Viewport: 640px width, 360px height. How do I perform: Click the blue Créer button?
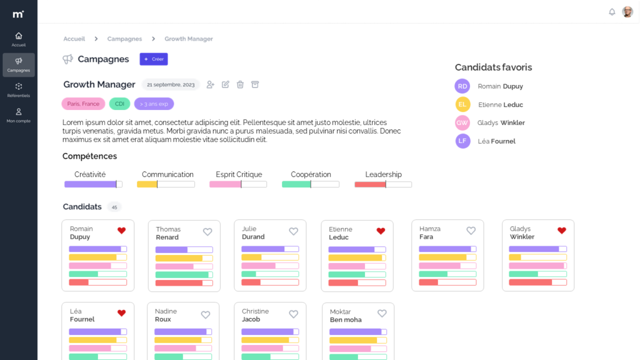[154, 59]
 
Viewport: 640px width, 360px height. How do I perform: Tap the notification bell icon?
[612, 12]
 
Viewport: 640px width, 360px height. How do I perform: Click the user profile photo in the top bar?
[627, 12]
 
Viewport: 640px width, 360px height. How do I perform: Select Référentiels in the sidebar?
[19, 90]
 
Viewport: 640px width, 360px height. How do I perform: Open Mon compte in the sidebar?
[19, 115]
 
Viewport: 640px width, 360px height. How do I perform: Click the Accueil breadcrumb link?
[74, 39]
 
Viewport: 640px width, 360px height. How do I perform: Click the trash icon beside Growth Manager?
[240, 84]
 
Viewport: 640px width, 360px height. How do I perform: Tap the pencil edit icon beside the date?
[225, 84]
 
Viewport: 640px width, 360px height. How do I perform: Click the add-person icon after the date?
[210, 84]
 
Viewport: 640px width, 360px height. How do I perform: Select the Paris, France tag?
[83, 104]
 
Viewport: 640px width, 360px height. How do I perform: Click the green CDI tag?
[119, 104]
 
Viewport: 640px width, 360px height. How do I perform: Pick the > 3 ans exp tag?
[154, 104]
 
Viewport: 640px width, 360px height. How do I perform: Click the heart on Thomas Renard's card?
[207, 232]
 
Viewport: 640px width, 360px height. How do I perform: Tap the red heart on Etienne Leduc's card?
[381, 231]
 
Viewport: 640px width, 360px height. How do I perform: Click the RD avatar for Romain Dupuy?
[462, 86]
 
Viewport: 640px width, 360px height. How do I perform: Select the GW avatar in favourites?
[462, 123]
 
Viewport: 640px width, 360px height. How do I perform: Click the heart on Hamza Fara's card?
[471, 231]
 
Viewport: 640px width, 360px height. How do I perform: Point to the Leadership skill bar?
[383, 184]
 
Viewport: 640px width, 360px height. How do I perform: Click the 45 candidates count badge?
[114, 207]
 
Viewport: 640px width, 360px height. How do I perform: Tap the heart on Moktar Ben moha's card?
[382, 314]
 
